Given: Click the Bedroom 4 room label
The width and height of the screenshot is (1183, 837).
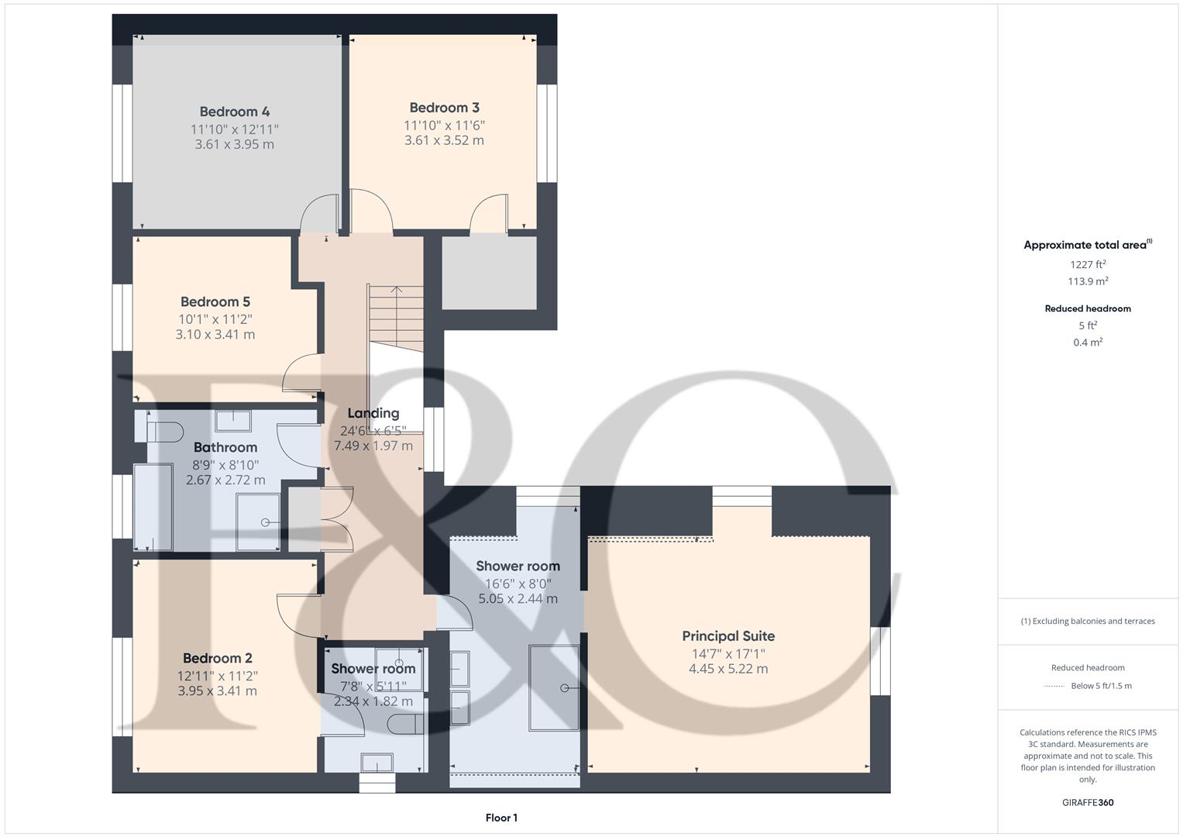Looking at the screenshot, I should tap(234, 112).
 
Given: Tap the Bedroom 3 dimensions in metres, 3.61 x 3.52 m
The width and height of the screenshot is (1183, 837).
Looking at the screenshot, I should tap(444, 140).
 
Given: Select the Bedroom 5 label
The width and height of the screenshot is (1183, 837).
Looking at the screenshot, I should tap(215, 302).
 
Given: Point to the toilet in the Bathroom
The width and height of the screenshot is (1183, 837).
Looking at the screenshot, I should tap(163, 431).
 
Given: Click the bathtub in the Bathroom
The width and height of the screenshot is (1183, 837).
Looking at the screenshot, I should tap(153, 507).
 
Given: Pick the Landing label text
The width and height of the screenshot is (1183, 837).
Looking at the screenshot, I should tap(373, 414).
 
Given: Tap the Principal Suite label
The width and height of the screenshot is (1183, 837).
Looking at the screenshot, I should tap(728, 636).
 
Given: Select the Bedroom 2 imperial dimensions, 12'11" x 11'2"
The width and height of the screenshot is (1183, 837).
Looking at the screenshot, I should tap(217, 676).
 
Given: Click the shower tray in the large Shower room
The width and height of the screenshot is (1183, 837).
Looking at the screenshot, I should tap(554, 687).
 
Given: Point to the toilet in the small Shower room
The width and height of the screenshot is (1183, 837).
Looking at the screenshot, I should tap(405, 725).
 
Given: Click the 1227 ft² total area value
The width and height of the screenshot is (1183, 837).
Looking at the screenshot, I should tap(1088, 264).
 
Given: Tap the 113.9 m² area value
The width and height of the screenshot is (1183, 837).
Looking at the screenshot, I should tap(1088, 281).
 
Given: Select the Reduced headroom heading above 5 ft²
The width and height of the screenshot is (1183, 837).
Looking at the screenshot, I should tap(1088, 308).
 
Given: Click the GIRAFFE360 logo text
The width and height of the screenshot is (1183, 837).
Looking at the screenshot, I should tap(1088, 803).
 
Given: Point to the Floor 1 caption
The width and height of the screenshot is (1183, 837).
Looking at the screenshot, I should tap(501, 818).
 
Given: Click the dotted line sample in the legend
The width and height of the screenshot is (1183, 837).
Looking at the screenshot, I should tap(1054, 686).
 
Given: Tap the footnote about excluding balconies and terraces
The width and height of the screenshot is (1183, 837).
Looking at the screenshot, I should tap(1088, 621).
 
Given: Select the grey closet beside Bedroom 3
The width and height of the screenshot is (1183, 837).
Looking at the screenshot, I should tap(489, 272).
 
